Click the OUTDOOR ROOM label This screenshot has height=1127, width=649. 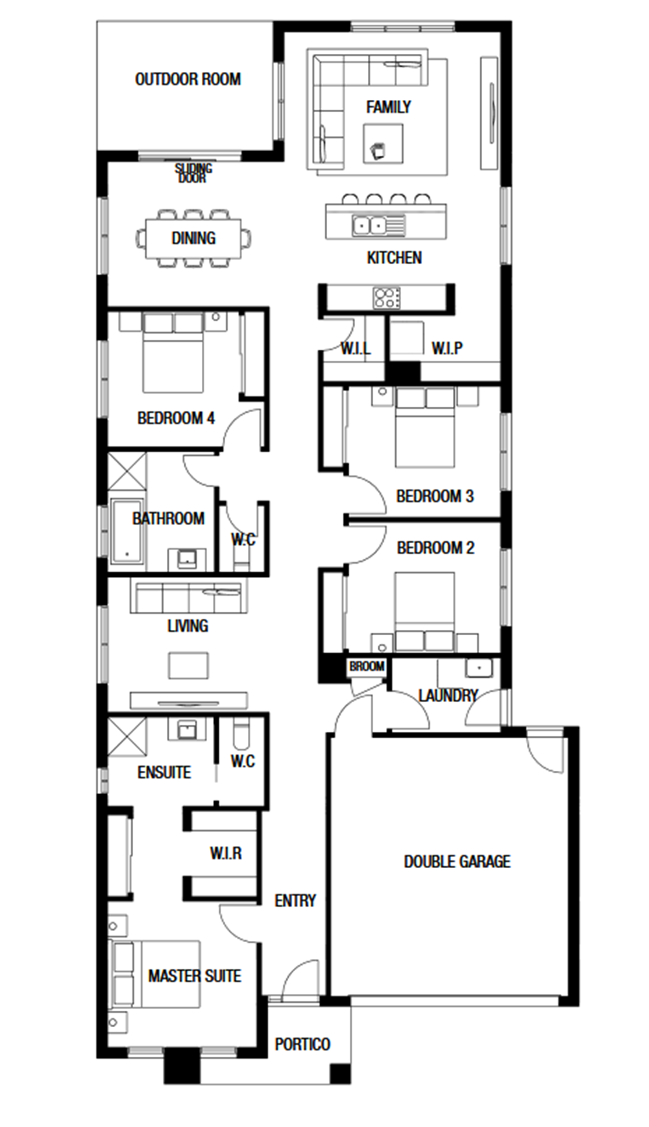[188, 79]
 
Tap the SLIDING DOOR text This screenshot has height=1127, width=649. [193, 173]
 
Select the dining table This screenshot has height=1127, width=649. [193, 239]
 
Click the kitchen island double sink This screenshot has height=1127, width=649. [370, 225]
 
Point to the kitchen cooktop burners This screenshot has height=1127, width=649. [386, 298]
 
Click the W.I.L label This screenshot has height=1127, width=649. [356, 348]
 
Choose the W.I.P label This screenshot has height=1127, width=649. [447, 348]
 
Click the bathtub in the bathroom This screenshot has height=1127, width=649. [127, 531]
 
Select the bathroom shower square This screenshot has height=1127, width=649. [127, 471]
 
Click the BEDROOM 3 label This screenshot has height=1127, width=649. [435, 496]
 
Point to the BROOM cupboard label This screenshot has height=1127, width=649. [367, 666]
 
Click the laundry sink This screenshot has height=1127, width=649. [479, 668]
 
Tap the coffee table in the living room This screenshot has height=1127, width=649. [188, 666]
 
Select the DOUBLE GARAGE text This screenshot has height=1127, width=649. [457, 862]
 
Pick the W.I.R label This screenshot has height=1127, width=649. [226, 853]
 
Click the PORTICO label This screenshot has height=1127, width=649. [302, 1044]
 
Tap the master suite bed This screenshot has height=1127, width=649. [155, 974]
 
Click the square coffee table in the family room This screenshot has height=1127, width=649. [383, 143]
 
